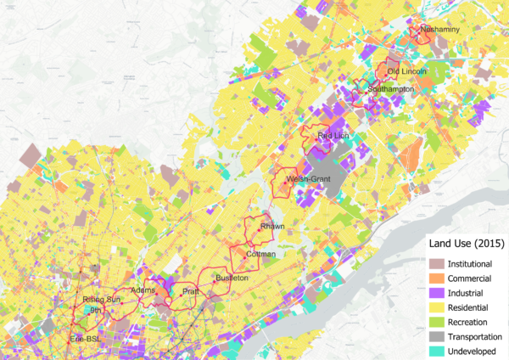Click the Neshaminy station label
click(439, 30)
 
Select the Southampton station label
click(391, 88)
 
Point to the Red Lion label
click(333, 135)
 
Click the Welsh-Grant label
click(308, 179)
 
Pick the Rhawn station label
click(272, 227)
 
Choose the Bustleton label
click(232, 278)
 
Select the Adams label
click(143, 290)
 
